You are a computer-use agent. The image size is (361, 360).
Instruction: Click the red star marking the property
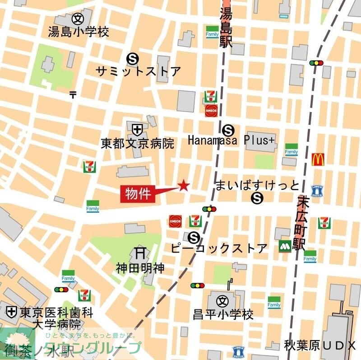184,185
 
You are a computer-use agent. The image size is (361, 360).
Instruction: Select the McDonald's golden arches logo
318,159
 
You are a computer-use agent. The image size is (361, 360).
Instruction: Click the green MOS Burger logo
285,247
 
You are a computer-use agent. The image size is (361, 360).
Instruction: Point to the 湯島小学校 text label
79,32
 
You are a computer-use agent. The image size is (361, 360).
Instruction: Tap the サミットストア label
139,71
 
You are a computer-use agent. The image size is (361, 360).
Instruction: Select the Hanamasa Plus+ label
231,140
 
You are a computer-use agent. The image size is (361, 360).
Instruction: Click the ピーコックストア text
219,248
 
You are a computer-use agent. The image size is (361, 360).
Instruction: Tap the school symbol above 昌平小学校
222,300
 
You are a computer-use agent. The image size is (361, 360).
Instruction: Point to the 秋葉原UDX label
320,346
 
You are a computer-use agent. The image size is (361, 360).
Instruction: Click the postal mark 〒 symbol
73,94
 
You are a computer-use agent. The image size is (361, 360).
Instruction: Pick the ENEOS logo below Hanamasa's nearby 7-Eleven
211,110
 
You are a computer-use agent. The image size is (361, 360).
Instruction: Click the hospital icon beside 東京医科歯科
11,311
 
